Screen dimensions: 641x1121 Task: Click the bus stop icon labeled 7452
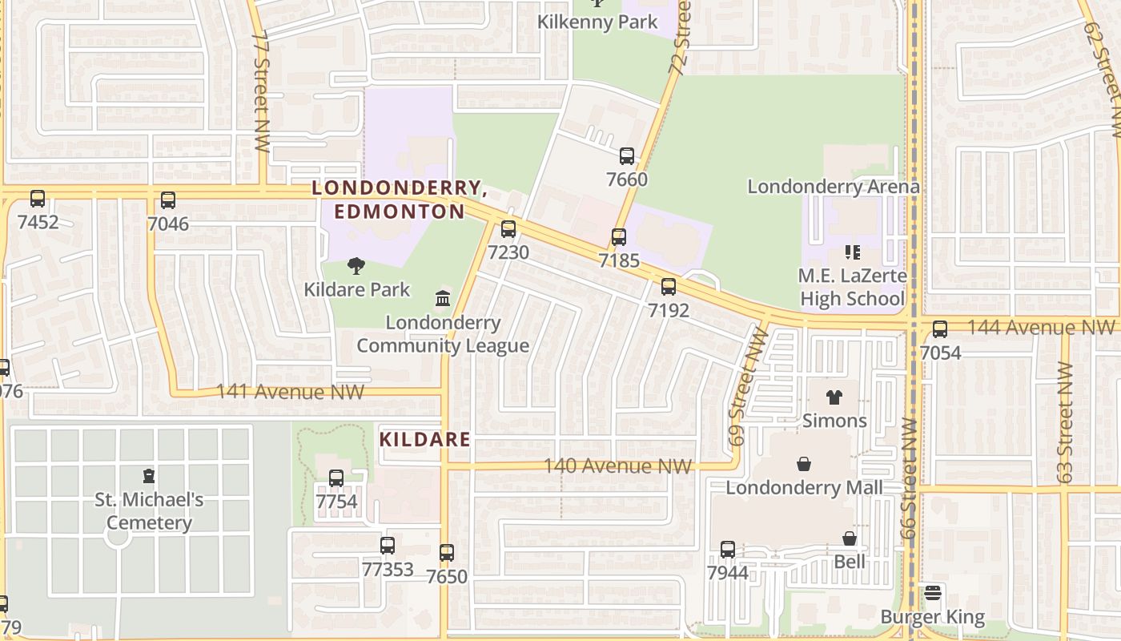[38, 199]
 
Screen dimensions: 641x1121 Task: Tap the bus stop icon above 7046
[168, 200]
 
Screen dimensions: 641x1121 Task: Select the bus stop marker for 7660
[627, 156]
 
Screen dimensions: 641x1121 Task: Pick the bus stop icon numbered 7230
[508, 229]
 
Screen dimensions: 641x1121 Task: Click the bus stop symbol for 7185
[619, 237]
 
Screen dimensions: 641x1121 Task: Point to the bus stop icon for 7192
[669, 286]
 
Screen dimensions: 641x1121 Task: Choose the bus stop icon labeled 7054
[940, 329]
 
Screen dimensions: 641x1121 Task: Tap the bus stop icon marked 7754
[336, 478]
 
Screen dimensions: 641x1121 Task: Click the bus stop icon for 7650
[447, 552]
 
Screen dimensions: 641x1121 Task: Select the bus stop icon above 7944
[728, 549]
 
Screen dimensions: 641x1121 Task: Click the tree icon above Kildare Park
[356, 266]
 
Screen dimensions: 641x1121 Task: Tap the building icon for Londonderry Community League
[442, 299]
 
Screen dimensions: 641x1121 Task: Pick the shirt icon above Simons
[834, 397]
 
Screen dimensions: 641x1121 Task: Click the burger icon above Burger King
[932, 594]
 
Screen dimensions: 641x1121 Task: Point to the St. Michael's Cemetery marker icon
[148, 476]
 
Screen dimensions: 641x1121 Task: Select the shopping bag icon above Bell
[850, 538]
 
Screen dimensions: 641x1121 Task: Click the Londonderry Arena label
[834, 187]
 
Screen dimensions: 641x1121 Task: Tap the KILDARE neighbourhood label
[424, 440]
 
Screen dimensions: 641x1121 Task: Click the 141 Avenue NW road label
[291, 392]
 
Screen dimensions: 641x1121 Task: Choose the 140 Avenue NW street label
[617, 466]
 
